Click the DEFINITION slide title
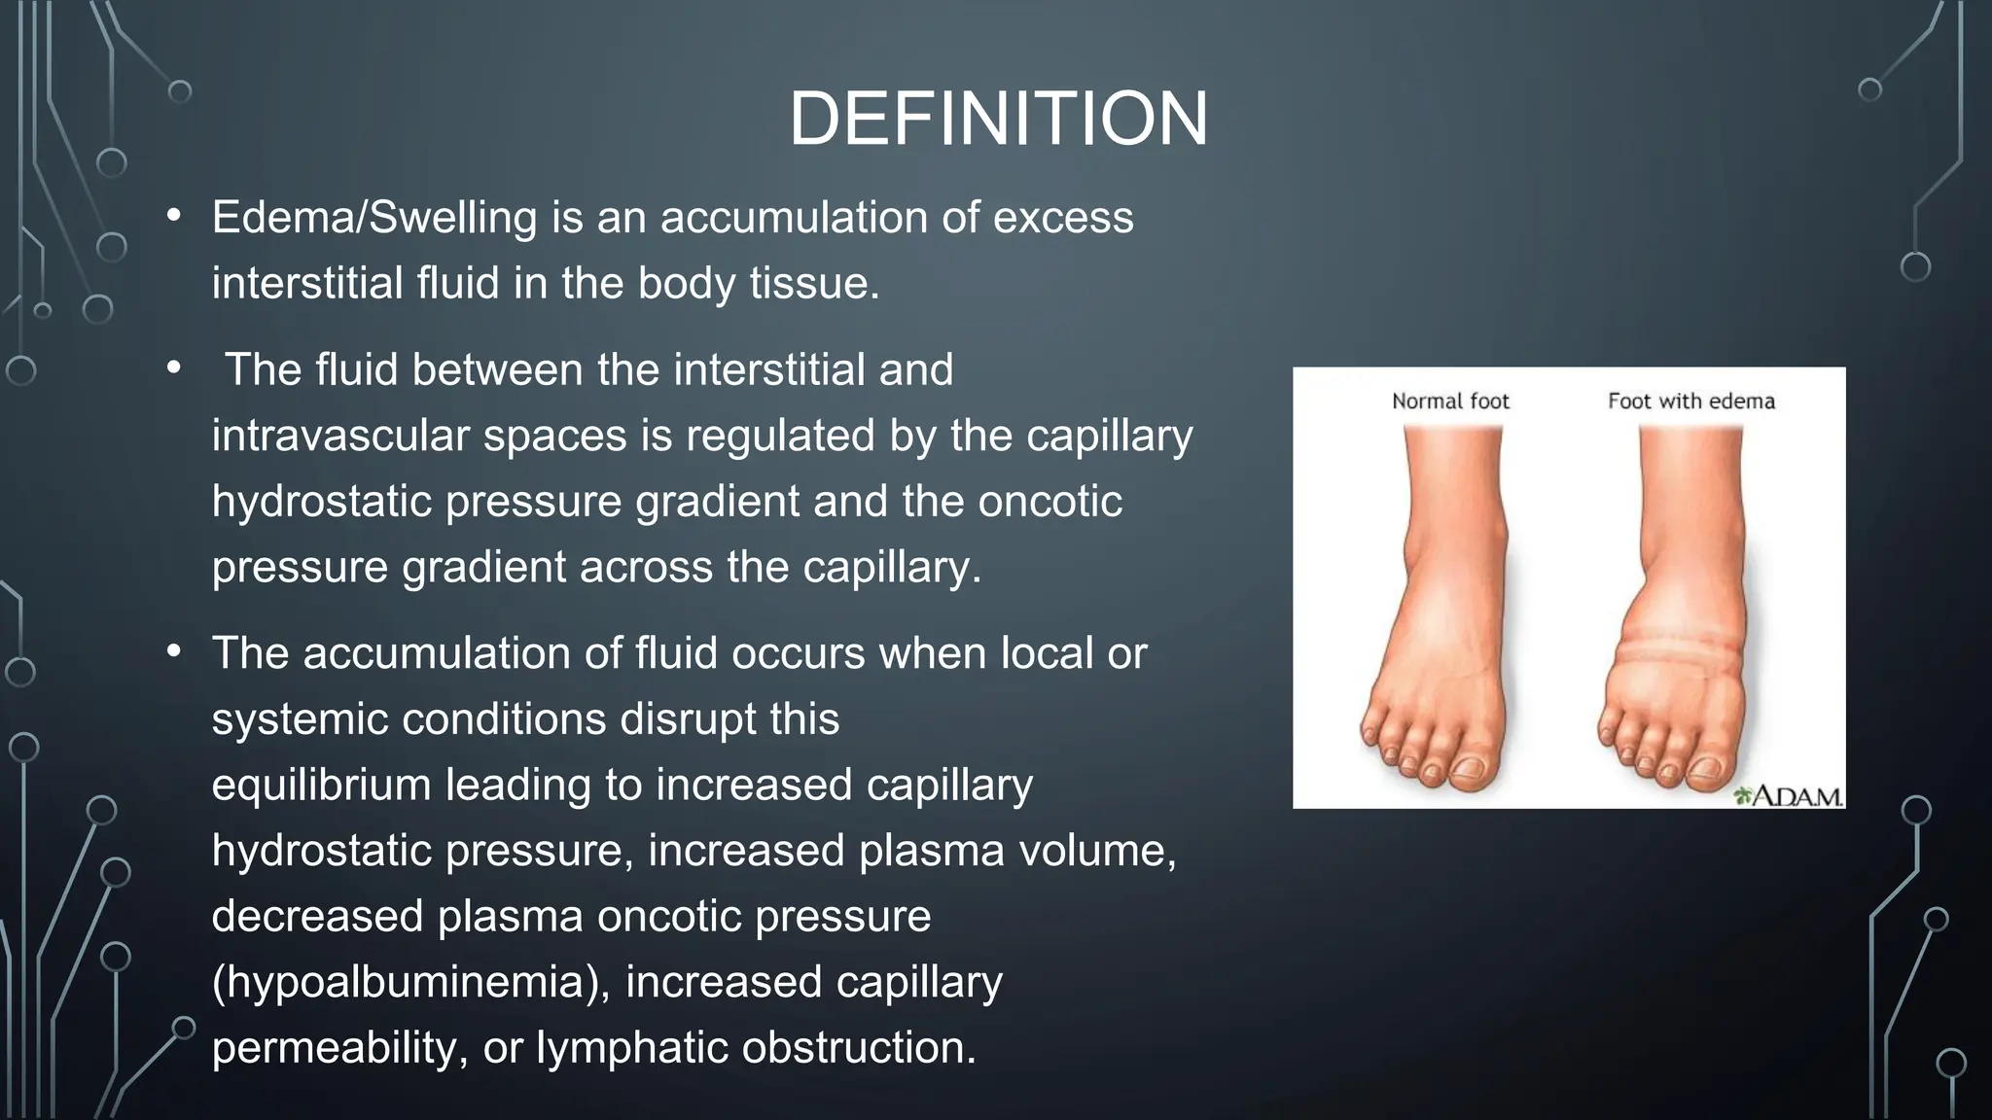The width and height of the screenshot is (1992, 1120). click(998, 119)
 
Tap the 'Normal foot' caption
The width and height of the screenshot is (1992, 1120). click(1449, 401)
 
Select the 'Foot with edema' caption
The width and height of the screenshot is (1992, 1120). click(1690, 401)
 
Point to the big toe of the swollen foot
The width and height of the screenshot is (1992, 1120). click(1708, 771)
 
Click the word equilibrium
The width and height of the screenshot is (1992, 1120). click(321, 785)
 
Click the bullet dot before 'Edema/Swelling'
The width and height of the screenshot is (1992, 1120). click(174, 216)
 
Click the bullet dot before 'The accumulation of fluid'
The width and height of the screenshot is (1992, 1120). click(174, 651)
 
